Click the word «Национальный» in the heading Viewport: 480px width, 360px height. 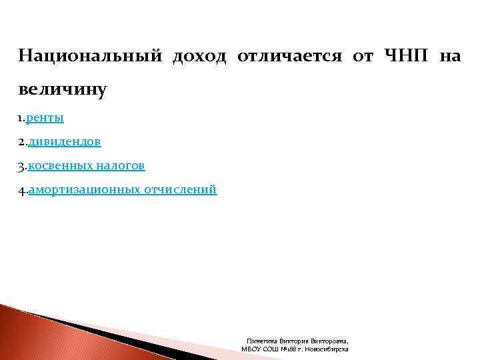(90, 55)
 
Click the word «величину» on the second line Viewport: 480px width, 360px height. (63, 89)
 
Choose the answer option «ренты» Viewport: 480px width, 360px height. (47, 118)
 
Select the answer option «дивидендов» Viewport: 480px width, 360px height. (65, 142)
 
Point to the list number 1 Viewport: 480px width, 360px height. (21, 118)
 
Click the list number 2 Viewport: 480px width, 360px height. (22, 142)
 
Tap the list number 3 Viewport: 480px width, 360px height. (22, 165)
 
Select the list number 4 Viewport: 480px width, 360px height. (22, 190)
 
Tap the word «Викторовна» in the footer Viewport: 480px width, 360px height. (331, 341)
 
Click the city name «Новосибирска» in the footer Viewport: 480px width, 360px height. (327, 349)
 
